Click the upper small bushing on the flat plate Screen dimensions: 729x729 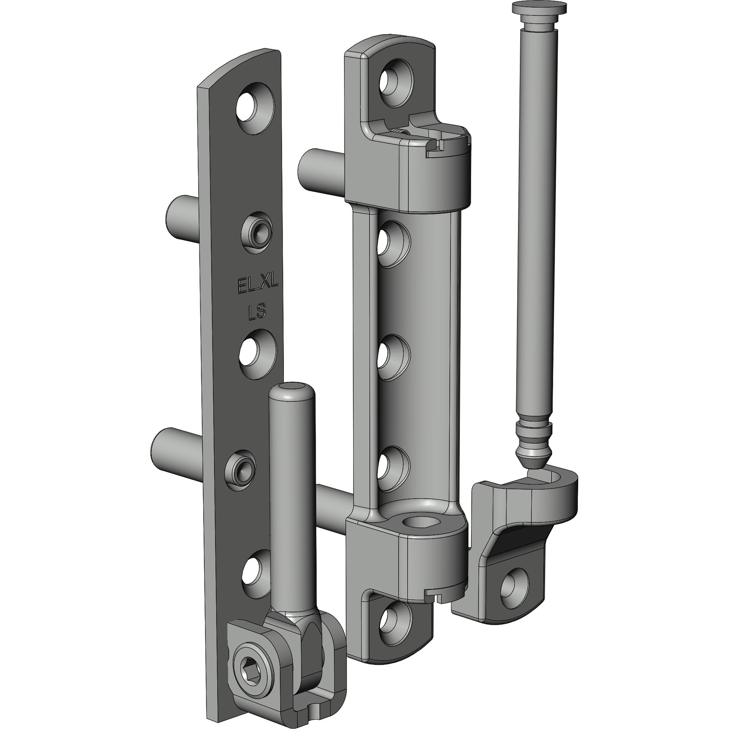tap(257, 231)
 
